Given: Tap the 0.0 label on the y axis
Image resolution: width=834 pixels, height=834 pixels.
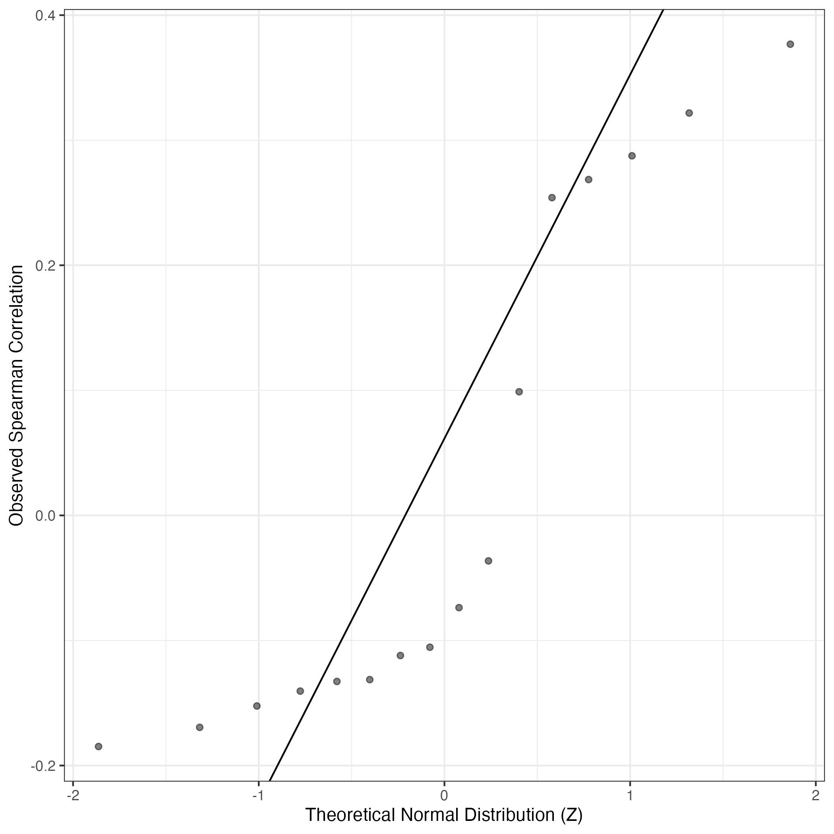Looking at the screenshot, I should [x=46, y=515].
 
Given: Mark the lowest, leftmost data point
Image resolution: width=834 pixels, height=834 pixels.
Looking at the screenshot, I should [x=99, y=746].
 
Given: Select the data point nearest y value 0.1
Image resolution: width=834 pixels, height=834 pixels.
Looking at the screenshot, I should [x=519, y=392].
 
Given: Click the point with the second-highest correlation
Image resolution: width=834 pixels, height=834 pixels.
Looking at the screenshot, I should [x=689, y=113].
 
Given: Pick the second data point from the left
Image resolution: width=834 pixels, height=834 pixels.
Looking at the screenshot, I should [x=200, y=728].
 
